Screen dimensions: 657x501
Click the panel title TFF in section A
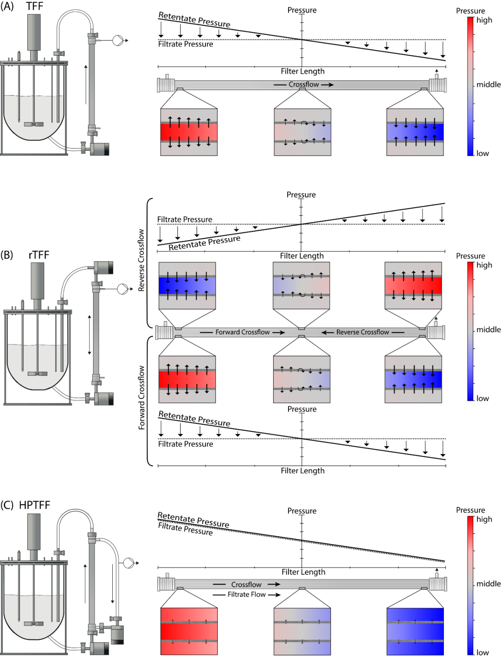coord(34,7)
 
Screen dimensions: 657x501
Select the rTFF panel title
coord(39,255)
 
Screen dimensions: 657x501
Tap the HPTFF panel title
coord(34,505)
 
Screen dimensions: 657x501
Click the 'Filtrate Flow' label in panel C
coord(246,594)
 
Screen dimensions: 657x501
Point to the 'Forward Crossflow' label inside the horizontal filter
coord(242,332)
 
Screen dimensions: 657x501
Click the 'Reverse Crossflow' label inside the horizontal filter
coord(362,332)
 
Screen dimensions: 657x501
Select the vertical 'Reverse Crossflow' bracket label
coord(141,260)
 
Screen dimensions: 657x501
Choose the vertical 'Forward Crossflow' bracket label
coord(141,397)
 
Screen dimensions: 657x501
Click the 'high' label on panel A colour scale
coord(484,20)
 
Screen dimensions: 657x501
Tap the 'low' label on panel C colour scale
coord(482,652)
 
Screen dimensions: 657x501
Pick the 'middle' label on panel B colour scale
coord(488,330)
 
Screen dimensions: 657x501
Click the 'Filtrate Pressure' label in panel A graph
coord(186,44)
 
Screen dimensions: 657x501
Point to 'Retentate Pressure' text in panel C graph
coord(193,520)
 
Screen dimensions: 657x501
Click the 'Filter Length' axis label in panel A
coord(302,72)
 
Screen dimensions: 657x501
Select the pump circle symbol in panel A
coord(118,40)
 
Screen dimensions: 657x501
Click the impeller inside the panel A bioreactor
coord(34,124)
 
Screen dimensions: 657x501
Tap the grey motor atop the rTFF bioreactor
coord(38,280)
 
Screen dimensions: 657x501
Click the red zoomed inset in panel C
coord(189,631)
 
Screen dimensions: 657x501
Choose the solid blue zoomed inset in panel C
coord(415,631)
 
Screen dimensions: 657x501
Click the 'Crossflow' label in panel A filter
coord(303,85)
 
